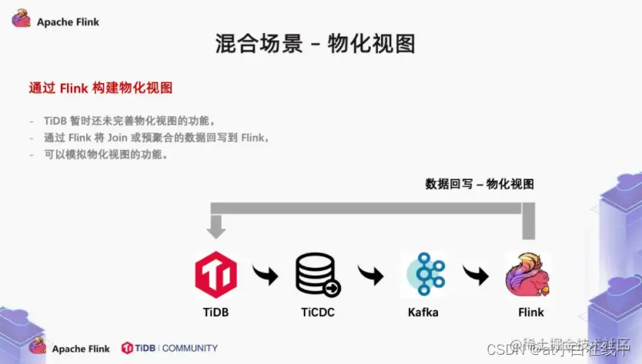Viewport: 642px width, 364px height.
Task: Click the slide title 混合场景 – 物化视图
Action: [316, 43]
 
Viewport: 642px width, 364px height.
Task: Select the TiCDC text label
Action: [317, 312]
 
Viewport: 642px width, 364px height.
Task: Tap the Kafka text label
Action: [423, 312]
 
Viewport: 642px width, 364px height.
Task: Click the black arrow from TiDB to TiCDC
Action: [265, 275]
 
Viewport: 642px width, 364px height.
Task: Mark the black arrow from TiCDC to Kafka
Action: [370, 275]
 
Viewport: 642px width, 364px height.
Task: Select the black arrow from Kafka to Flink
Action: [476, 275]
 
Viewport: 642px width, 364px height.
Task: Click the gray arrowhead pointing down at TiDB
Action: [216, 228]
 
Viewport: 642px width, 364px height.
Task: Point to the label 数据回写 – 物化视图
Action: [480, 184]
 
